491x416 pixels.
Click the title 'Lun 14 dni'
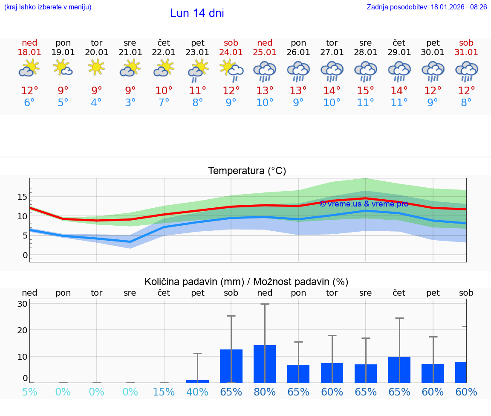pyautogui.click(x=197, y=14)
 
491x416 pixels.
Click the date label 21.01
pyautogui.click(x=130, y=52)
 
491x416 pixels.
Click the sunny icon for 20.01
pyautogui.click(x=96, y=67)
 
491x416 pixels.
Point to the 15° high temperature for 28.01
pyautogui.click(x=365, y=91)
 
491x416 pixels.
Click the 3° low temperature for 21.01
pyautogui.click(x=130, y=103)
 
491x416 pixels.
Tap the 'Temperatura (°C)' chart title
pyautogui.click(x=247, y=171)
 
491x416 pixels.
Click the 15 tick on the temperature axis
pyautogui.click(x=22, y=197)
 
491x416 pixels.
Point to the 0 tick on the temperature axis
pyautogui.click(x=25, y=255)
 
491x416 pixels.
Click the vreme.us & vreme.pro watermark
pyautogui.click(x=364, y=204)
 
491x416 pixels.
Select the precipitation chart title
pyautogui.click(x=246, y=282)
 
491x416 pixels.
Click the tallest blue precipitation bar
pyautogui.click(x=265, y=364)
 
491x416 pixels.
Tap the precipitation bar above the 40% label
pyautogui.click(x=197, y=381)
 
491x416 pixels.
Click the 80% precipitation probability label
pyautogui.click(x=265, y=392)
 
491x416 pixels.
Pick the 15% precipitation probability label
pyautogui.click(x=164, y=392)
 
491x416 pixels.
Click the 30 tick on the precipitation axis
pyautogui.click(x=23, y=304)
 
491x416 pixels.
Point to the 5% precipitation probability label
pyautogui.click(x=29, y=392)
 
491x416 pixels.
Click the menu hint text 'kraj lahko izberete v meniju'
pyautogui.click(x=48, y=7)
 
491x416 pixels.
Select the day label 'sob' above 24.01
pyautogui.click(x=231, y=43)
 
